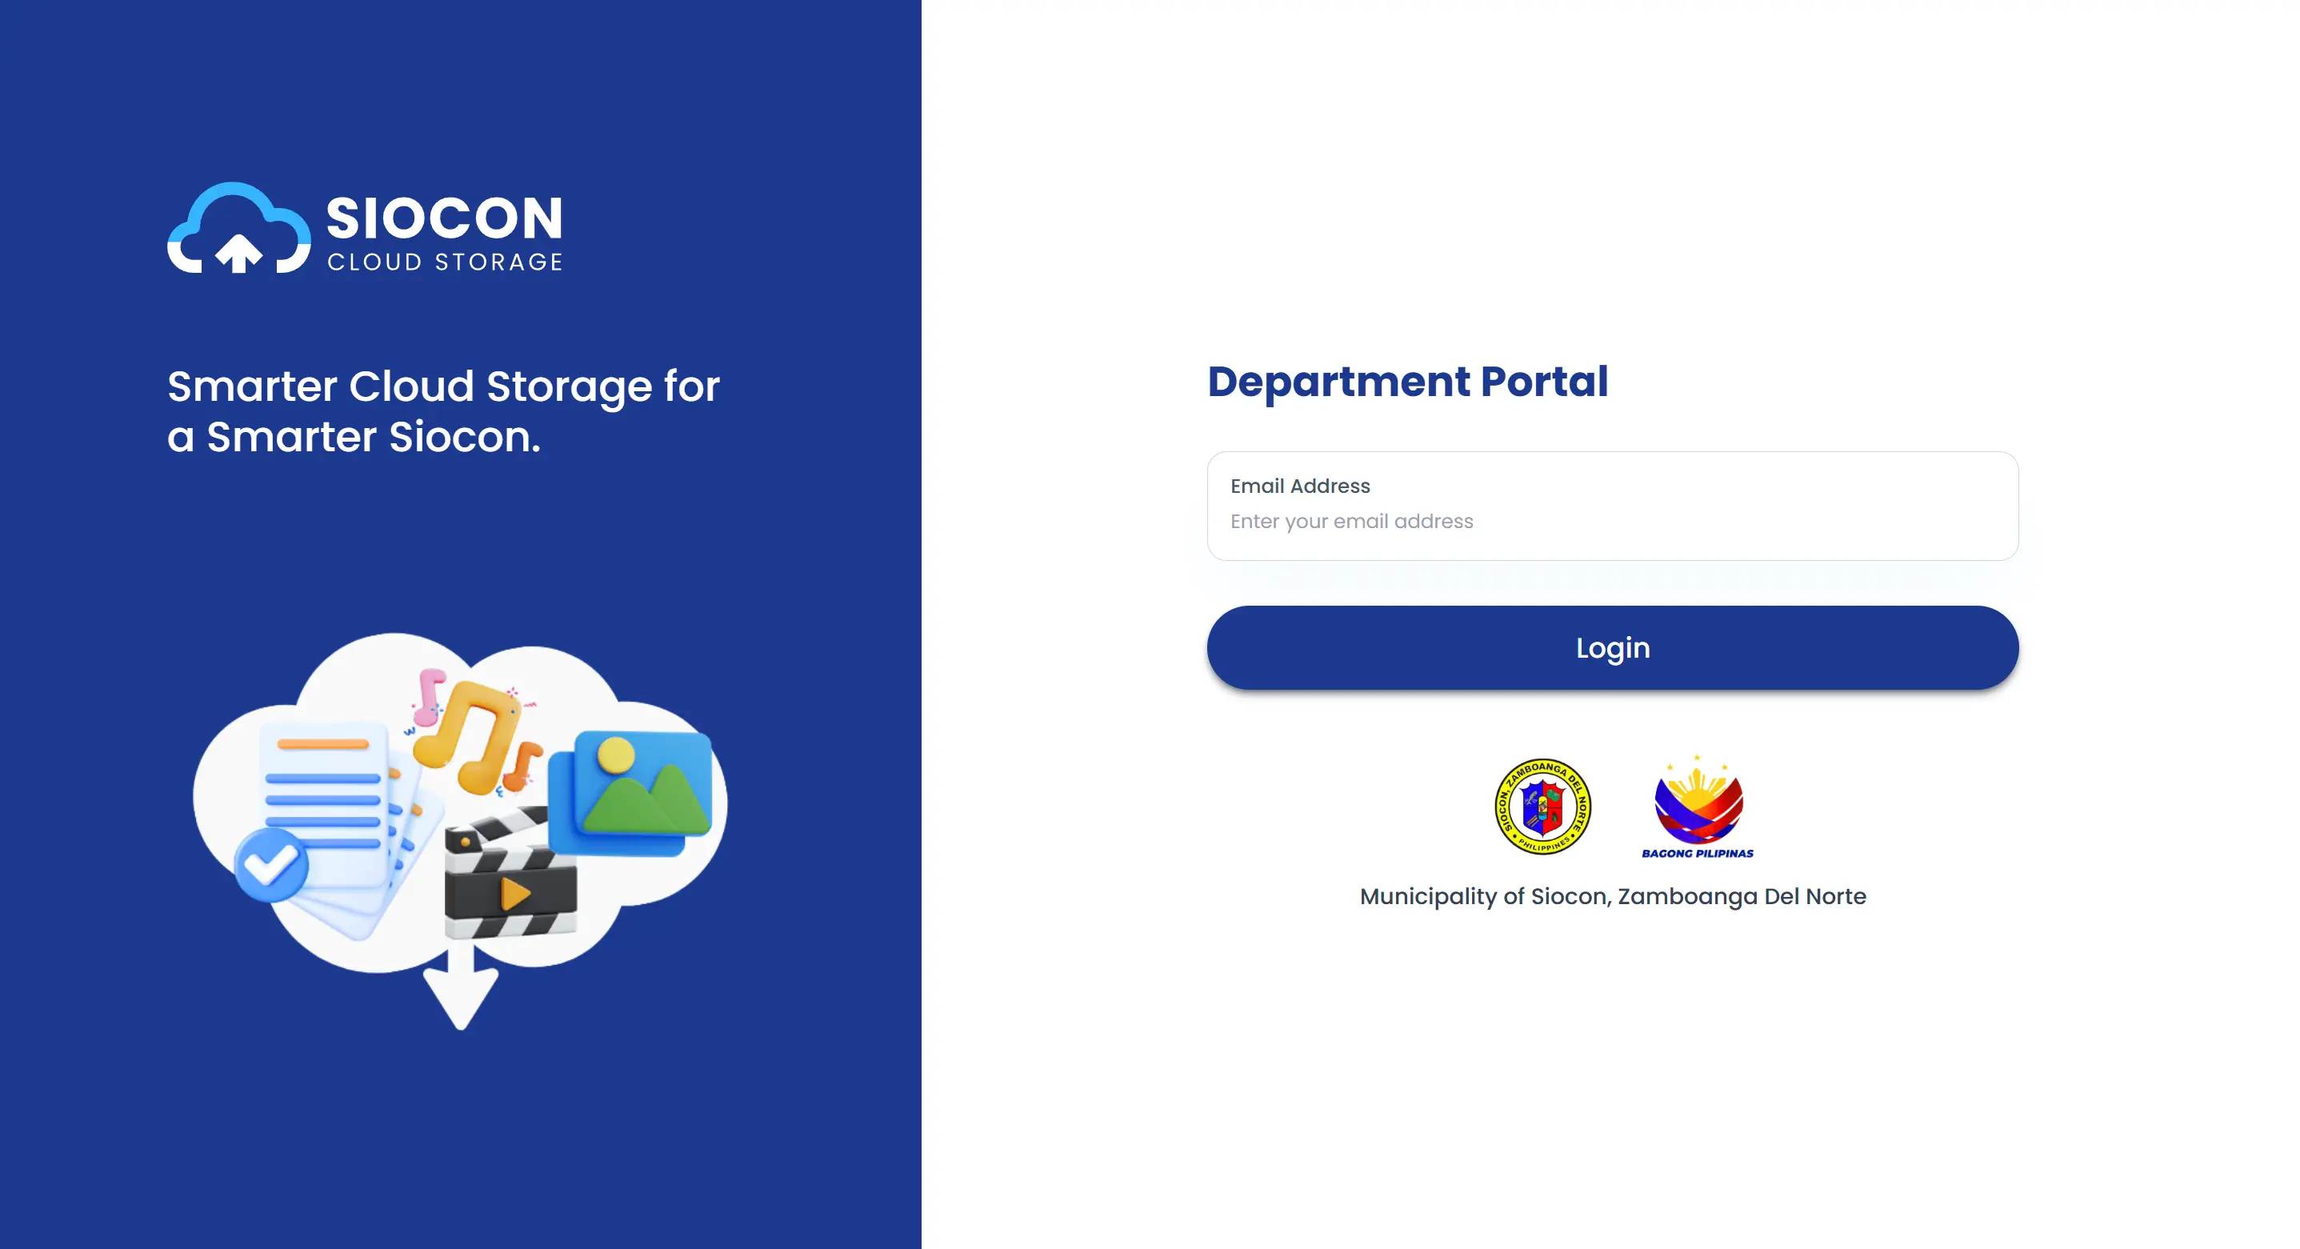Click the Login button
point(1612,647)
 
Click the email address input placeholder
point(1351,522)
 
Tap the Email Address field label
point(1299,486)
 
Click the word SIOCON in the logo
point(445,218)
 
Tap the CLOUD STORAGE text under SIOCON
point(445,262)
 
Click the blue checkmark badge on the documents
point(270,863)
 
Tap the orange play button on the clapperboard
point(514,893)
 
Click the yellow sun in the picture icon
point(615,755)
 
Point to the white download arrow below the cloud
point(461,991)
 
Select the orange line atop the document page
point(323,743)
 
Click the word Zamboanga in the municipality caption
point(1686,896)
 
